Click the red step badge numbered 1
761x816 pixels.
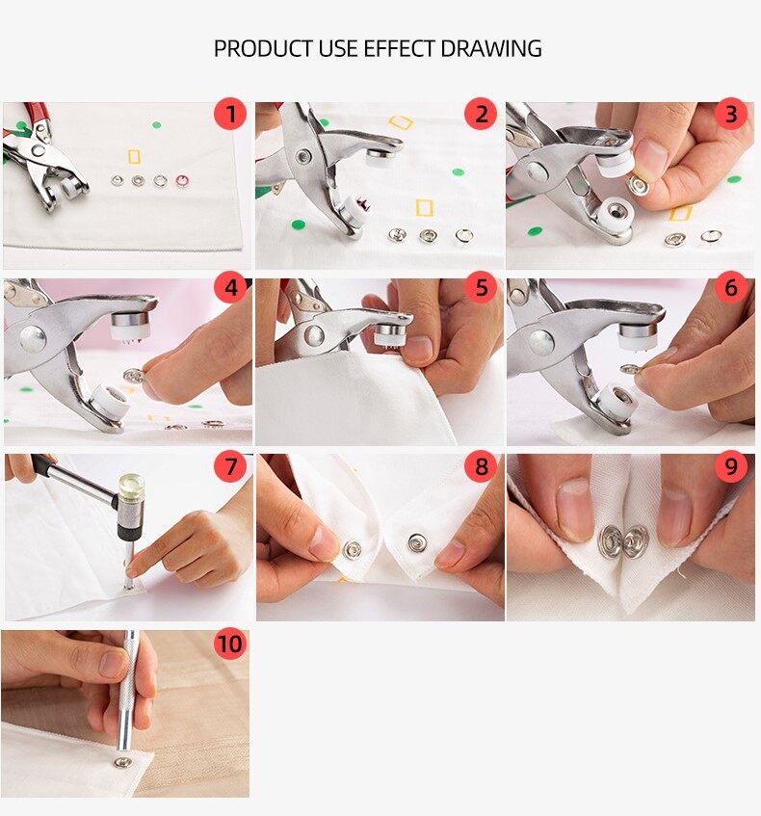[x=229, y=116]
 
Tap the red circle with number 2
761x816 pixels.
[x=481, y=116]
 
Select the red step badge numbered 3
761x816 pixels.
[x=731, y=116]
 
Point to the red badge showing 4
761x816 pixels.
[x=229, y=288]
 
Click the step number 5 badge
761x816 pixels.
[x=481, y=288]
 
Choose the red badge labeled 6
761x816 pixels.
[x=731, y=288]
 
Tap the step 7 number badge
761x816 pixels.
[x=229, y=467]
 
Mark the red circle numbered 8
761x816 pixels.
[x=481, y=467]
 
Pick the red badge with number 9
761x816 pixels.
[x=731, y=467]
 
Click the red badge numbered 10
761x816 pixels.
[x=229, y=644]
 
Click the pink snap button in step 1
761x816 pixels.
[x=182, y=180]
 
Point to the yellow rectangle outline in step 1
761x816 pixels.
[x=134, y=156]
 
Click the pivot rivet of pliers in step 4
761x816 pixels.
[x=33, y=338]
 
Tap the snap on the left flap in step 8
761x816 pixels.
[x=353, y=549]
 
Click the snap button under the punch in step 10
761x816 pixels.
[x=122, y=762]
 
